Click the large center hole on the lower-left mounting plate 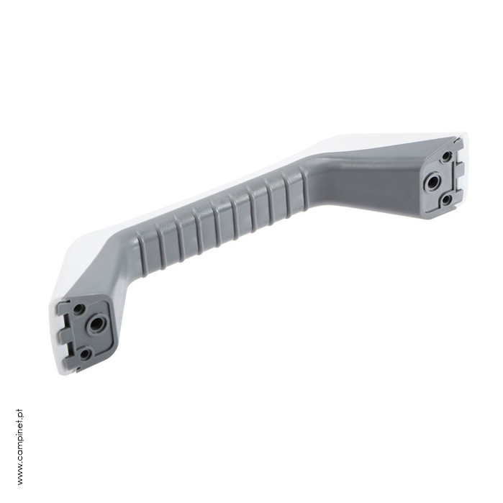(x=95, y=325)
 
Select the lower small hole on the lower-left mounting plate (x=85, y=354)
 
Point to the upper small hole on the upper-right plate (x=446, y=156)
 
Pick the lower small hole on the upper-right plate (x=446, y=201)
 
